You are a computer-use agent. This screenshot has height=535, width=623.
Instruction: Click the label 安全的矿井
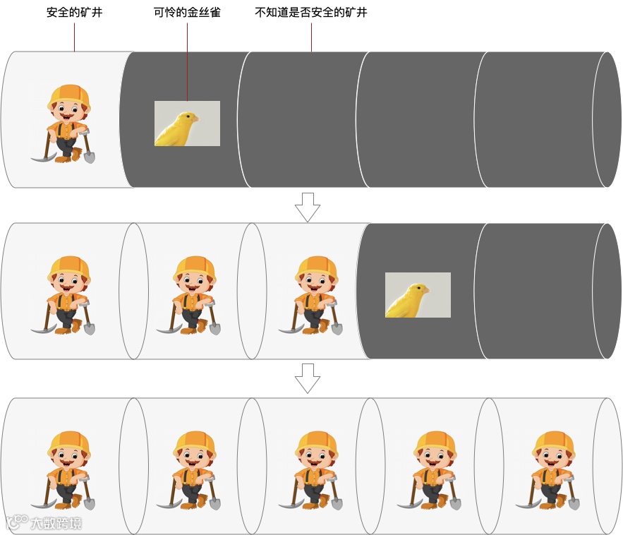pos(74,12)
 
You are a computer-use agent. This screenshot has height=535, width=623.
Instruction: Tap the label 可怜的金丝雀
pos(187,12)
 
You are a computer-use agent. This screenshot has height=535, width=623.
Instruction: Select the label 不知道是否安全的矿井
pos(311,12)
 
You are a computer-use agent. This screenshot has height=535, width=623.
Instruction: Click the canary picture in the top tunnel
pos(187,124)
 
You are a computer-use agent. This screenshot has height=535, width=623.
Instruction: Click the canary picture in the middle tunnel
pos(418,295)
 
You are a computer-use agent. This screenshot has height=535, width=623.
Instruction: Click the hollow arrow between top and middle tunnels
pos(308,207)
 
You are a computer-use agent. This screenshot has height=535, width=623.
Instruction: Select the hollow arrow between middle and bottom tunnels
pos(308,378)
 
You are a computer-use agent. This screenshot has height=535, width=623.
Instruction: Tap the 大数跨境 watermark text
pos(56,523)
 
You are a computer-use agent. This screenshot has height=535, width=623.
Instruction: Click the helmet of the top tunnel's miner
pos(70,97)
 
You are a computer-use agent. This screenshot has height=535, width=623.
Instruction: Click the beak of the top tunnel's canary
pos(196,119)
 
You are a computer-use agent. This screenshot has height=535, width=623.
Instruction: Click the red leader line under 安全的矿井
pos(74,37)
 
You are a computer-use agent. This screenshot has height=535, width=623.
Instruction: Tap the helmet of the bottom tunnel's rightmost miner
pos(554,444)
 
